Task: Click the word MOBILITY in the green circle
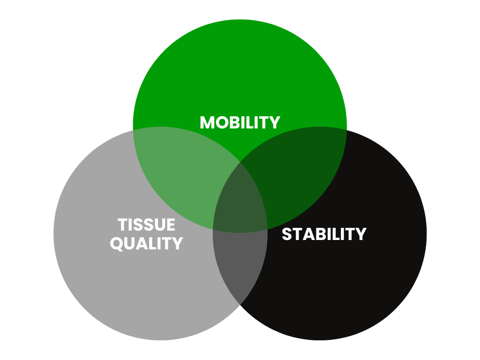[240, 122]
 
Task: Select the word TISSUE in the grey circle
[146, 225]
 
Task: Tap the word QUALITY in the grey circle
[146, 244]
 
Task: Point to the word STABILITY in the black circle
[324, 234]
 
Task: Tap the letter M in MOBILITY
[207, 122]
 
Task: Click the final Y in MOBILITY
[275, 122]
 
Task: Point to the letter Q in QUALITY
[117, 244]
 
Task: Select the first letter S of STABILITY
[287, 234]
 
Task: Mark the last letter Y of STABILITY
[361, 234]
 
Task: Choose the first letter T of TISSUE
[122, 225]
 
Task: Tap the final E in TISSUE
[171, 225]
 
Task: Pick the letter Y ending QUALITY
[177, 244]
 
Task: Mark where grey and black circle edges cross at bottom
[240, 305]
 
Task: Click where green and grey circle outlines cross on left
[133, 130]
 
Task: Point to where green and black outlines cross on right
[346, 130]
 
